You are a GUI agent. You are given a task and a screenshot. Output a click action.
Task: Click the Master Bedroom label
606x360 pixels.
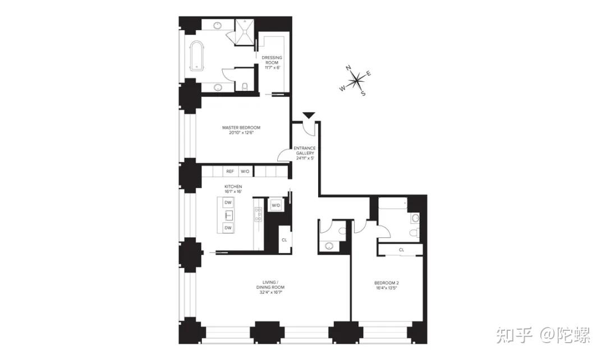(x=241, y=130)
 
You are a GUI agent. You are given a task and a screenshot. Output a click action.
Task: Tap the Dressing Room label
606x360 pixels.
(x=272, y=62)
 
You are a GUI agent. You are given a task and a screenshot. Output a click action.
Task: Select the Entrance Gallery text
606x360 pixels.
(x=305, y=153)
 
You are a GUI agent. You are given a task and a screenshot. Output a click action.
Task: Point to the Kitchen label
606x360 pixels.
(x=233, y=189)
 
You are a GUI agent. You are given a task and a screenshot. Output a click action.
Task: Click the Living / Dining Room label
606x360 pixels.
(x=270, y=287)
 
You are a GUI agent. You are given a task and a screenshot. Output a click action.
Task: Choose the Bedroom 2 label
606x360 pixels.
(x=386, y=285)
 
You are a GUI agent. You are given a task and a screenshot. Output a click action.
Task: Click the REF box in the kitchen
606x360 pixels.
(x=230, y=171)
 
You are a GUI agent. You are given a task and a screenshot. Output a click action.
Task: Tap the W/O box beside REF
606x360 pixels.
(x=245, y=171)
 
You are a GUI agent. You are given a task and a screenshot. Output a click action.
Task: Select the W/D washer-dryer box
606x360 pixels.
(x=276, y=205)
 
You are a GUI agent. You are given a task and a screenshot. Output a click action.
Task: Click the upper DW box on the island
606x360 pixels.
(x=228, y=202)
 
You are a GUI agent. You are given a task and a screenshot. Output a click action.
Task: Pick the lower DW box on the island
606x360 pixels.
(x=228, y=228)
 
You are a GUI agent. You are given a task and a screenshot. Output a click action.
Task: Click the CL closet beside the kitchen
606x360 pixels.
(x=284, y=239)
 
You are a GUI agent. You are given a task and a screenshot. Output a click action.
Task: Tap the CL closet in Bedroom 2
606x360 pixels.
(x=401, y=250)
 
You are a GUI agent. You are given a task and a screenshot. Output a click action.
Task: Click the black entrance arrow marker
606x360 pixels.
(x=309, y=116)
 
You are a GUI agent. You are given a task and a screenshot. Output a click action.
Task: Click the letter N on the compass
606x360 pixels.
(x=348, y=68)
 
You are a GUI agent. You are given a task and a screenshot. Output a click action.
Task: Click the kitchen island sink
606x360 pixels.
(x=228, y=215)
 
